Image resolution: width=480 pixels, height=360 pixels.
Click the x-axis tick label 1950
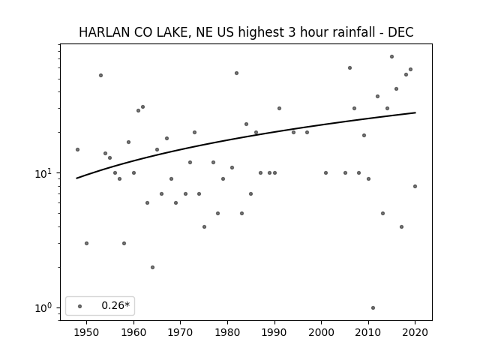(x=87, y=332)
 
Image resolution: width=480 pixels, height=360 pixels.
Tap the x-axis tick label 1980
(x=227, y=332)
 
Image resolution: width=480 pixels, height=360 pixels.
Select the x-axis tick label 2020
(x=415, y=332)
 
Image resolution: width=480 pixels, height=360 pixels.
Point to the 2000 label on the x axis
(x=322, y=332)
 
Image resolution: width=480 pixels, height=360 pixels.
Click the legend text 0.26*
(x=115, y=305)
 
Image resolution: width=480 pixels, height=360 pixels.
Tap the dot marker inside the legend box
(x=80, y=306)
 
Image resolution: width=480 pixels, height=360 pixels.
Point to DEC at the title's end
(x=400, y=32)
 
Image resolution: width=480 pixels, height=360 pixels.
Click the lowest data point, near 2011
(x=373, y=308)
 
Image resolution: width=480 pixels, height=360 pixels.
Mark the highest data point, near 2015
(x=391, y=57)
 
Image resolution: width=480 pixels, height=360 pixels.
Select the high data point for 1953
(x=100, y=75)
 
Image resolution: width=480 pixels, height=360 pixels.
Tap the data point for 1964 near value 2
(x=152, y=267)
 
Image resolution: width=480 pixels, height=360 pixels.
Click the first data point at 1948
(x=77, y=150)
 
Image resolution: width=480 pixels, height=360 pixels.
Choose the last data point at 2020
(x=415, y=187)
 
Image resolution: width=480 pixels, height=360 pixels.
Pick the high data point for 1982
(x=237, y=73)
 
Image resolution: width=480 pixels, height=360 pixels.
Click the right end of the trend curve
(x=415, y=112)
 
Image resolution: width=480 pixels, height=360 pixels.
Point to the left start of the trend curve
(x=76, y=178)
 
